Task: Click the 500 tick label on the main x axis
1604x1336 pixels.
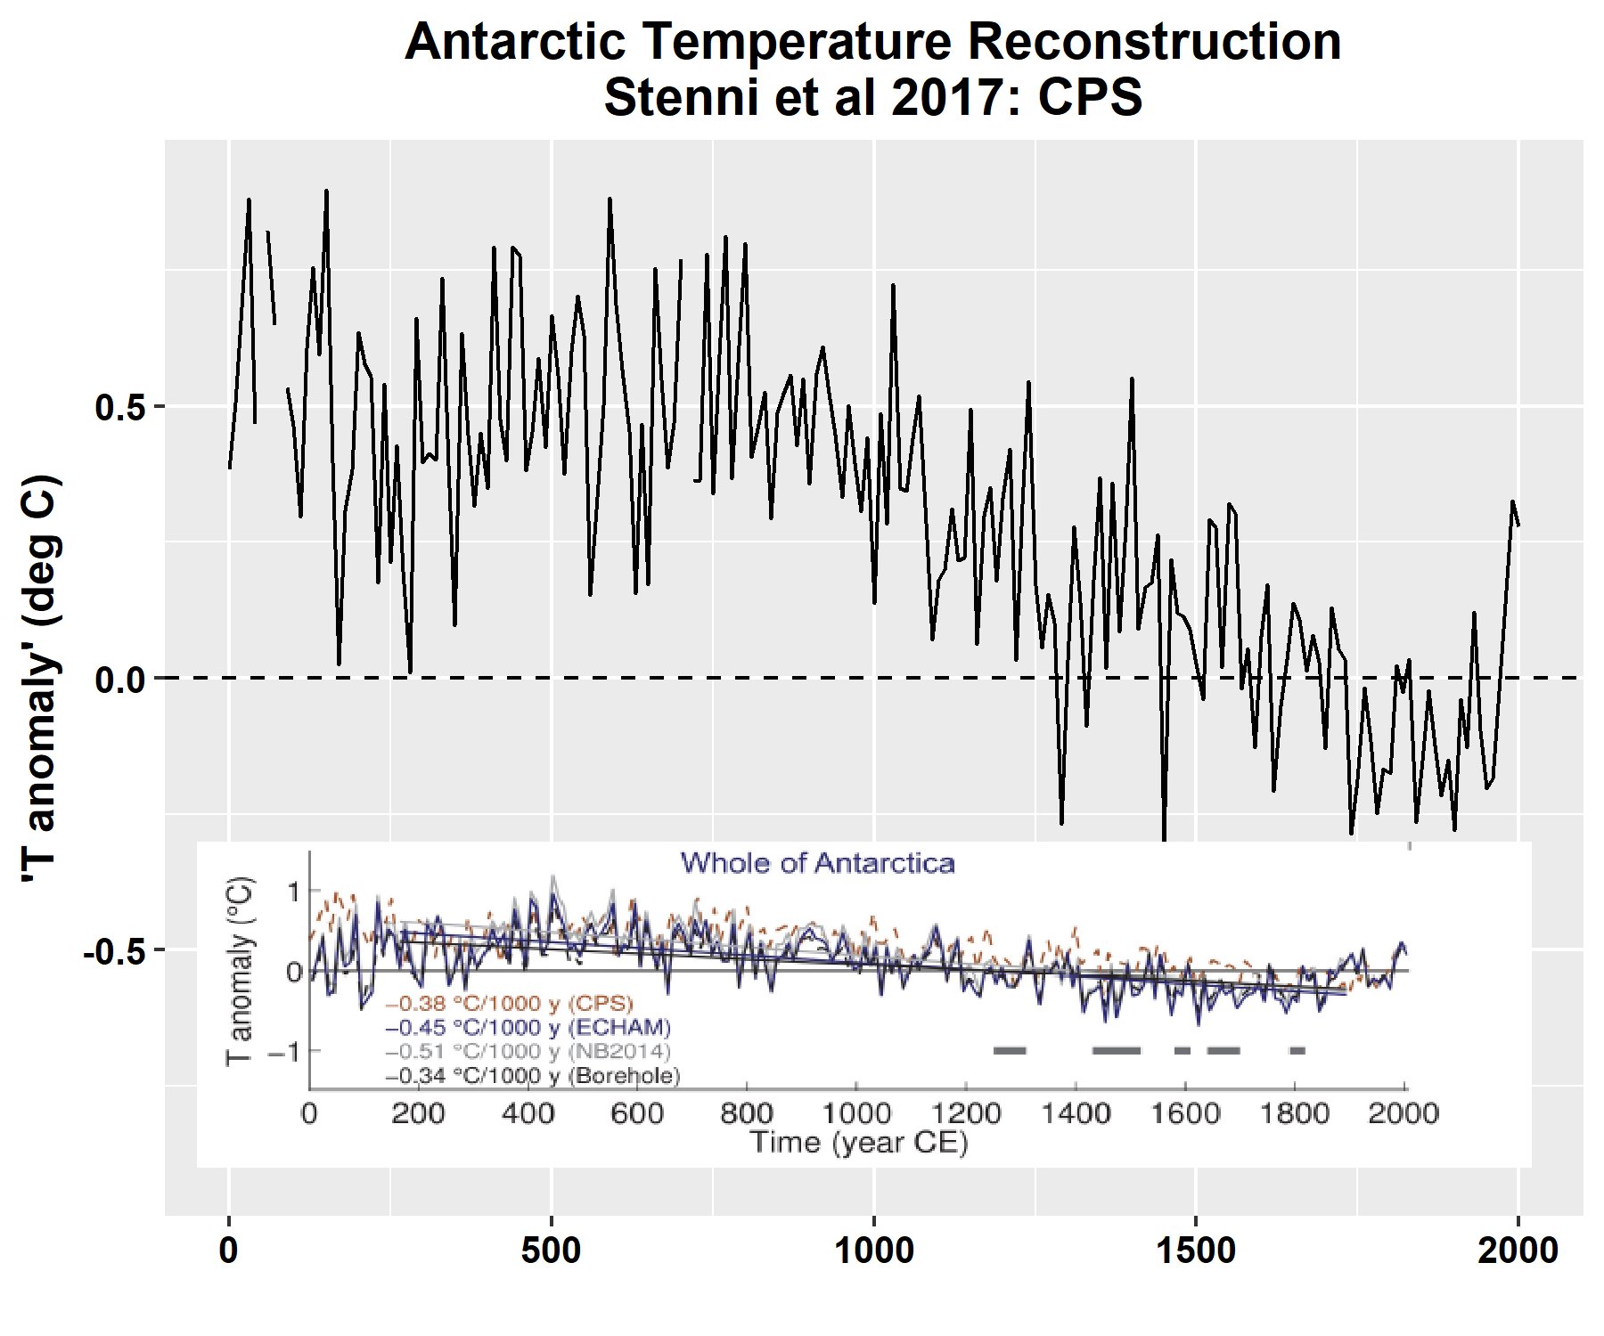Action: pyautogui.click(x=552, y=1251)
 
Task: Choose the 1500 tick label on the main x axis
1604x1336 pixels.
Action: pyautogui.click(x=1196, y=1251)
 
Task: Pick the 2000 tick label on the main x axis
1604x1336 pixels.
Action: pyautogui.click(x=1518, y=1251)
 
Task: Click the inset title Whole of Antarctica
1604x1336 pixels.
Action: pyautogui.click(x=817, y=863)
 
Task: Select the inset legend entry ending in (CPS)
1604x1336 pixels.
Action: pyautogui.click(x=509, y=1004)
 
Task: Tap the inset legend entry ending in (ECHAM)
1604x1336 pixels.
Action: pyautogui.click(x=528, y=1028)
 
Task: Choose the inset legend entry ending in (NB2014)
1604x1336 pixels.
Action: pyautogui.click(x=528, y=1052)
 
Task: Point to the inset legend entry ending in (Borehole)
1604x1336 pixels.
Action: pyautogui.click(x=532, y=1076)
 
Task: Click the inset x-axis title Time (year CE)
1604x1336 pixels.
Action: pyautogui.click(x=858, y=1142)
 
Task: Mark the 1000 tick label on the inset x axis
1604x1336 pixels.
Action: pyautogui.click(x=855, y=1113)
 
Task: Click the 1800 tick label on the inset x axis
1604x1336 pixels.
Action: pyautogui.click(x=1295, y=1113)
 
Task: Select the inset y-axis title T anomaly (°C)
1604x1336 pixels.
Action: pyautogui.click(x=240, y=971)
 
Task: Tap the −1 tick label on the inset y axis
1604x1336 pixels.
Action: pyautogui.click(x=284, y=1052)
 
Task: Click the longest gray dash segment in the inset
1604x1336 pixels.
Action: pyautogui.click(x=1116, y=1051)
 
